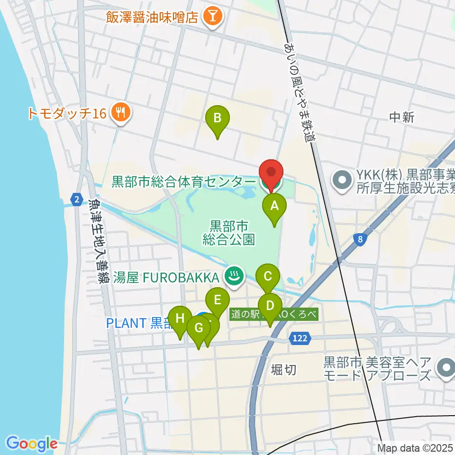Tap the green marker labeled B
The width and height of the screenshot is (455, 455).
pyautogui.click(x=218, y=118)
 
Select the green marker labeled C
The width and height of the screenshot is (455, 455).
pyautogui.click(x=268, y=276)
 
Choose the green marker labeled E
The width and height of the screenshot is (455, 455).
pyautogui.click(x=218, y=300)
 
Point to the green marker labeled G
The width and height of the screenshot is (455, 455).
pyautogui.click(x=199, y=328)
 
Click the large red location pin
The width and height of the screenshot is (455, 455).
pyautogui.click(x=271, y=173)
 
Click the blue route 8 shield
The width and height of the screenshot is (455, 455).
pyautogui.click(x=361, y=240)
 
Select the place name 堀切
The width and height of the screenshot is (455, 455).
pyautogui.click(x=284, y=370)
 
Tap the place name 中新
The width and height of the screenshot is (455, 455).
pyautogui.click(x=401, y=117)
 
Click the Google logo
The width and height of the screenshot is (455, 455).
pyautogui.click(x=32, y=443)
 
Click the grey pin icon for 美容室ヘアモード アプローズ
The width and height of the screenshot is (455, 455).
pyautogui.click(x=446, y=369)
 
